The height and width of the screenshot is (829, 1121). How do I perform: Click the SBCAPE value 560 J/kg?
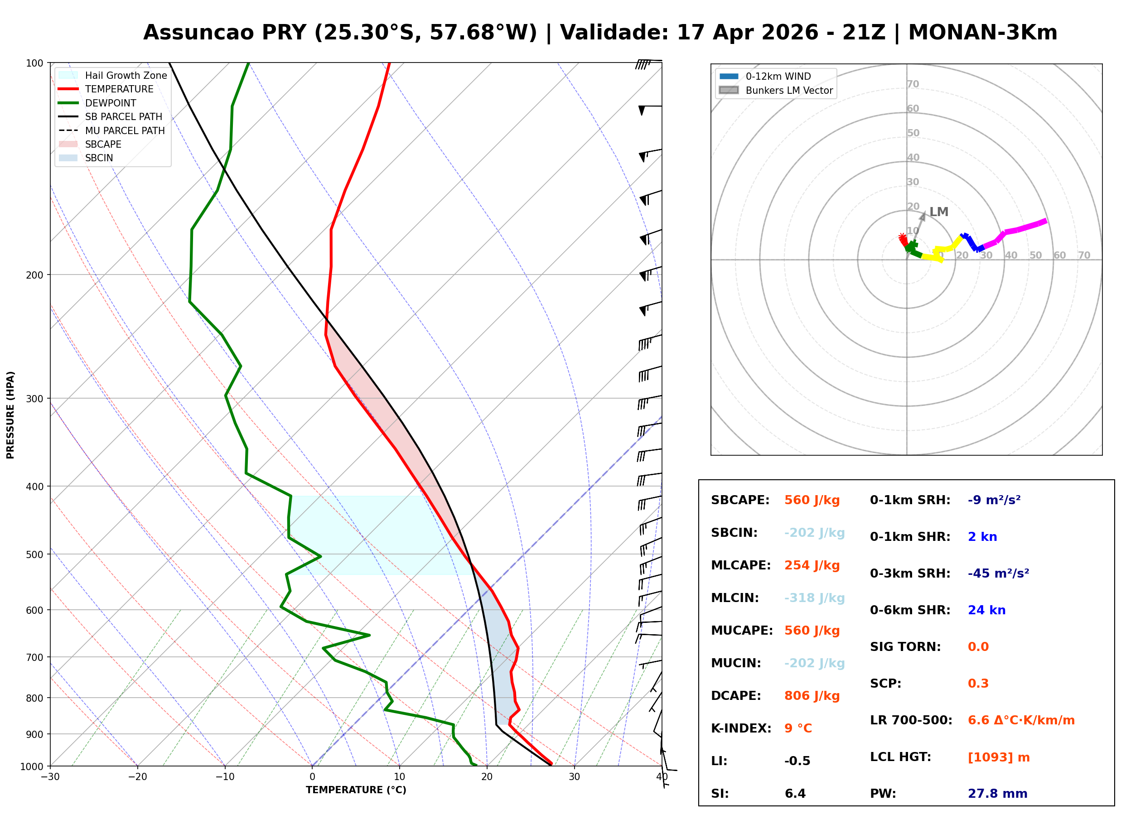812,500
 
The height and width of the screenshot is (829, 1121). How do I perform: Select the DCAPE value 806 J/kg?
812,696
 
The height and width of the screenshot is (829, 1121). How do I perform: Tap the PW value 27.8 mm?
998,794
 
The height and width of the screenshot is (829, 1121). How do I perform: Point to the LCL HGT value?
999,757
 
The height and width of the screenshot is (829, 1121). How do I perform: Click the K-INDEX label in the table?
741,728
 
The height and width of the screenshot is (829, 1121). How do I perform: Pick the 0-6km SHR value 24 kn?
986,610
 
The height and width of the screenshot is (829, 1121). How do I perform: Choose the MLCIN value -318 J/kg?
814,598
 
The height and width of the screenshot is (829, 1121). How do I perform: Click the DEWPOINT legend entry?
97,103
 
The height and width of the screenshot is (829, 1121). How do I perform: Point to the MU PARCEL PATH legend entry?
111,130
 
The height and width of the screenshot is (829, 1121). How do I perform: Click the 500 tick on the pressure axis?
34,554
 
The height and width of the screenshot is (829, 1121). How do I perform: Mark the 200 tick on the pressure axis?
34,275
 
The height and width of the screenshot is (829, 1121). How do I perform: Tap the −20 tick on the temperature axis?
137,777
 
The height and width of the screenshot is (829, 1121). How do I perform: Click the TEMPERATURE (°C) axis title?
356,790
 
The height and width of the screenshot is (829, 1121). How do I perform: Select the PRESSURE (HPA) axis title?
10,415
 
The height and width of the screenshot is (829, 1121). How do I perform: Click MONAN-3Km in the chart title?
982,33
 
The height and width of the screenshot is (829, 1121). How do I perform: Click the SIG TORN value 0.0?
978,647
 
